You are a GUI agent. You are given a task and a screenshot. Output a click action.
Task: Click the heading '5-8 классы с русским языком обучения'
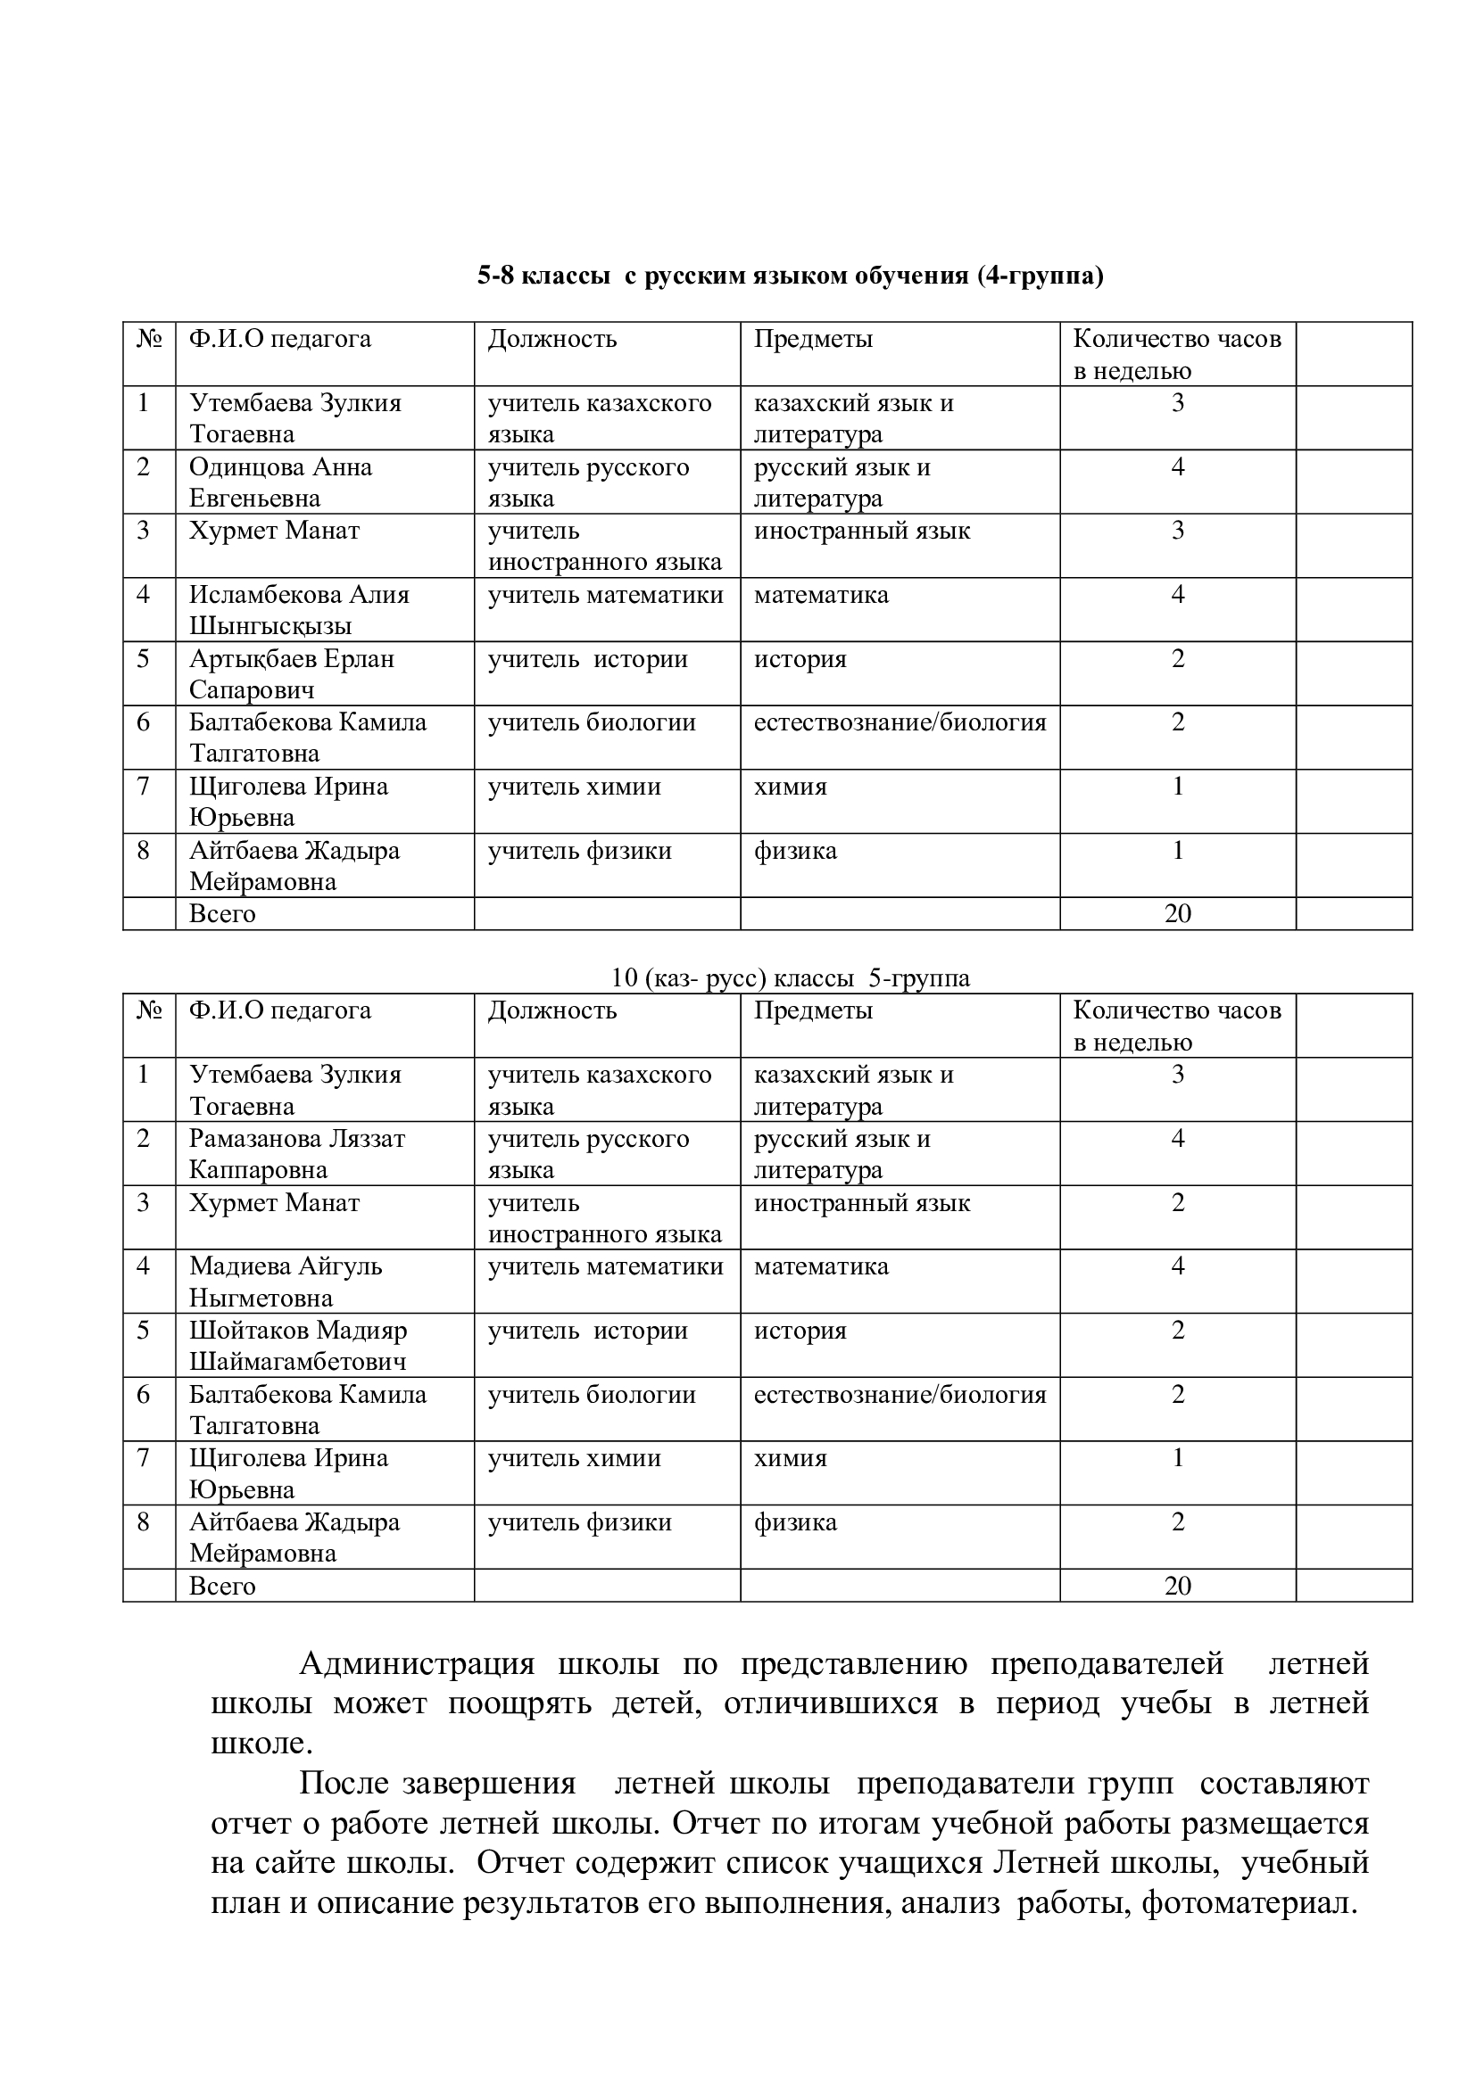pyautogui.click(x=790, y=276)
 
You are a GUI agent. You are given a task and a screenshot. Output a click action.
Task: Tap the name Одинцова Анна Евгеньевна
pyautogui.click(x=280, y=482)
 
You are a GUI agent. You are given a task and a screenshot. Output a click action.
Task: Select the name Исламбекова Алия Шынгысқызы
pyautogui.click(x=299, y=610)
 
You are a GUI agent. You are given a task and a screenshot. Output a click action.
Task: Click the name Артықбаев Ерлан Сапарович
pyautogui.click(x=291, y=673)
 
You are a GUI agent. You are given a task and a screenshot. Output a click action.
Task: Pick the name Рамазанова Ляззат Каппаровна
pyautogui.click(x=296, y=1154)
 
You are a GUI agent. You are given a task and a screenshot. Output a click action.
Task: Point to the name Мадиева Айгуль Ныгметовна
pyautogui.click(x=286, y=1281)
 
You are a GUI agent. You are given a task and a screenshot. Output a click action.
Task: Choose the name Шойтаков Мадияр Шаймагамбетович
pyautogui.click(x=298, y=1346)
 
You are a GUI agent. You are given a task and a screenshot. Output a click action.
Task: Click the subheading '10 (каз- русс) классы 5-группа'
pyautogui.click(x=790, y=977)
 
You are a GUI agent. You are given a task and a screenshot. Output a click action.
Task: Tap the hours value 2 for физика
pyautogui.click(x=1177, y=1521)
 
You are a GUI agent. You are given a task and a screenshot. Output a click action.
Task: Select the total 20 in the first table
pyautogui.click(x=1177, y=913)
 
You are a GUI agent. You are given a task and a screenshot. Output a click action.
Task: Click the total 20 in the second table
pyautogui.click(x=1177, y=1586)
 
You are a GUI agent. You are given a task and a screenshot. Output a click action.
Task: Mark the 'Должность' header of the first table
pyautogui.click(x=551, y=340)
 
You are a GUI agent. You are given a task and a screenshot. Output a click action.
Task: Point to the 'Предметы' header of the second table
pyautogui.click(x=813, y=1010)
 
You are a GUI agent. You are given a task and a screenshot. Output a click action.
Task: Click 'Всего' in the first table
pyautogui.click(x=222, y=913)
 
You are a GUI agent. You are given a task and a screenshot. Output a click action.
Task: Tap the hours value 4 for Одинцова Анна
pyautogui.click(x=1177, y=467)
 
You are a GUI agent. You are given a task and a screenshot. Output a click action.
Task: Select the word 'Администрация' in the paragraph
pyautogui.click(x=416, y=1664)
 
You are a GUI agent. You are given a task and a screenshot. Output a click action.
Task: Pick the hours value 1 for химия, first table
pyautogui.click(x=1177, y=786)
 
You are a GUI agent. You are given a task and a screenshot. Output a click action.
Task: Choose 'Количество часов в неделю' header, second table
pyautogui.click(x=1176, y=1026)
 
